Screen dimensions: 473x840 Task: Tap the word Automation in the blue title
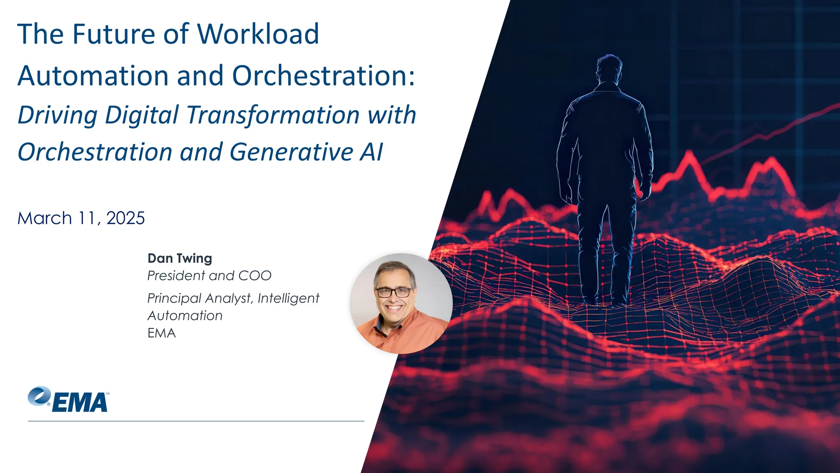tap(93, 76)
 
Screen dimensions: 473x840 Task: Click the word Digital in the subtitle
tap(142, 115)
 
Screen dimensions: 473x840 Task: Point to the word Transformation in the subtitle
tap(273, 115)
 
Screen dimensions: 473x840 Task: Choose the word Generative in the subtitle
tap(291, 152)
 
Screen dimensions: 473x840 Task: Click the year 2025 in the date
tap(126, 218)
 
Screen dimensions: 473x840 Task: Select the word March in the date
tap(45, 218)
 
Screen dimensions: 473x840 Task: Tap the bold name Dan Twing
tap(180, 258)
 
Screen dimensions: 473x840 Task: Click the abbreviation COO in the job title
tap(255, 276)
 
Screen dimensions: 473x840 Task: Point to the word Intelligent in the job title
tap(288, 298)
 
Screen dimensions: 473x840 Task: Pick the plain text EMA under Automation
tap(162, 333)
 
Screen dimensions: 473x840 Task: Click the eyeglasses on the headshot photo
tap(393, 292)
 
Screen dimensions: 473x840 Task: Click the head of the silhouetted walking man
tap(609, 68)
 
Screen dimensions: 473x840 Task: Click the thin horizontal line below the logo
tap(196, 421)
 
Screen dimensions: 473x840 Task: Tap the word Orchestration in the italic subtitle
tap(95, 152)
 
